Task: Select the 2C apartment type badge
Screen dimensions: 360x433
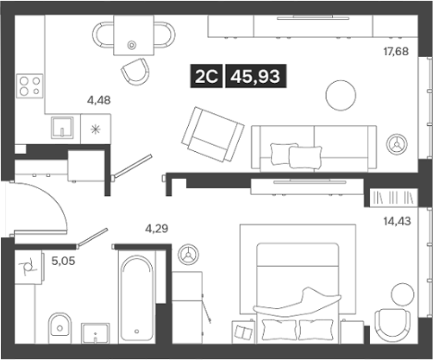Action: (x=207, y=77)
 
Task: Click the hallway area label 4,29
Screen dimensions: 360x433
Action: (x=155, y=229)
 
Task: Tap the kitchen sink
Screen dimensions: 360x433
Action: (x=61, y=129)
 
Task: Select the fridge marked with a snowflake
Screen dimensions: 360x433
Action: (x=95, y=129)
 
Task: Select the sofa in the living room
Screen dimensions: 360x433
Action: (x=313, y=146)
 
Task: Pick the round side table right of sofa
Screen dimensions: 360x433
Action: (x=398, y=143)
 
